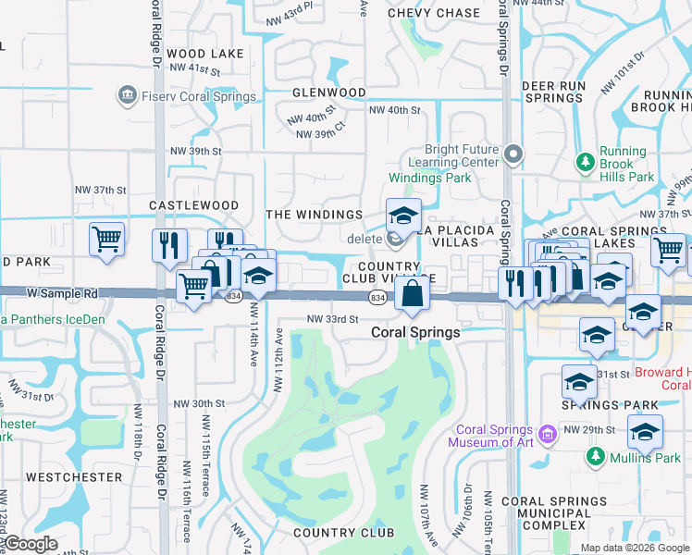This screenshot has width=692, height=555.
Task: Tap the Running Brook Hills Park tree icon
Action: pos(585,164)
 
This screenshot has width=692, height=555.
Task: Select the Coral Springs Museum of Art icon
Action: pos(548,433)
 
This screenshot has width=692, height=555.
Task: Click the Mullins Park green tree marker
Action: pos(594,457)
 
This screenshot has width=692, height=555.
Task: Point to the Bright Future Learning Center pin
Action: pos(514,154)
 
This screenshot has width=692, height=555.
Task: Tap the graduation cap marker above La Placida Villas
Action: pos(403,217)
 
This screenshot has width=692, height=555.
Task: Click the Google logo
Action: pos(31,544)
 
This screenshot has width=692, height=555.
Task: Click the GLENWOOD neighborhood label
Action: pos(329,93)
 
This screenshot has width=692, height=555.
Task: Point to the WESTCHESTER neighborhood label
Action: pos(73,477)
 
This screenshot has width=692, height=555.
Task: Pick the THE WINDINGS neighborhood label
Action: pos(314,215)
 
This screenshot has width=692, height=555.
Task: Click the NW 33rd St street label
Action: pos(332,319)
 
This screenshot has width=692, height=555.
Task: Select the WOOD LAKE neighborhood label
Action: pos(205,54)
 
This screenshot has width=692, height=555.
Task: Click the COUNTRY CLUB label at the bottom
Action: pos(343,533)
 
